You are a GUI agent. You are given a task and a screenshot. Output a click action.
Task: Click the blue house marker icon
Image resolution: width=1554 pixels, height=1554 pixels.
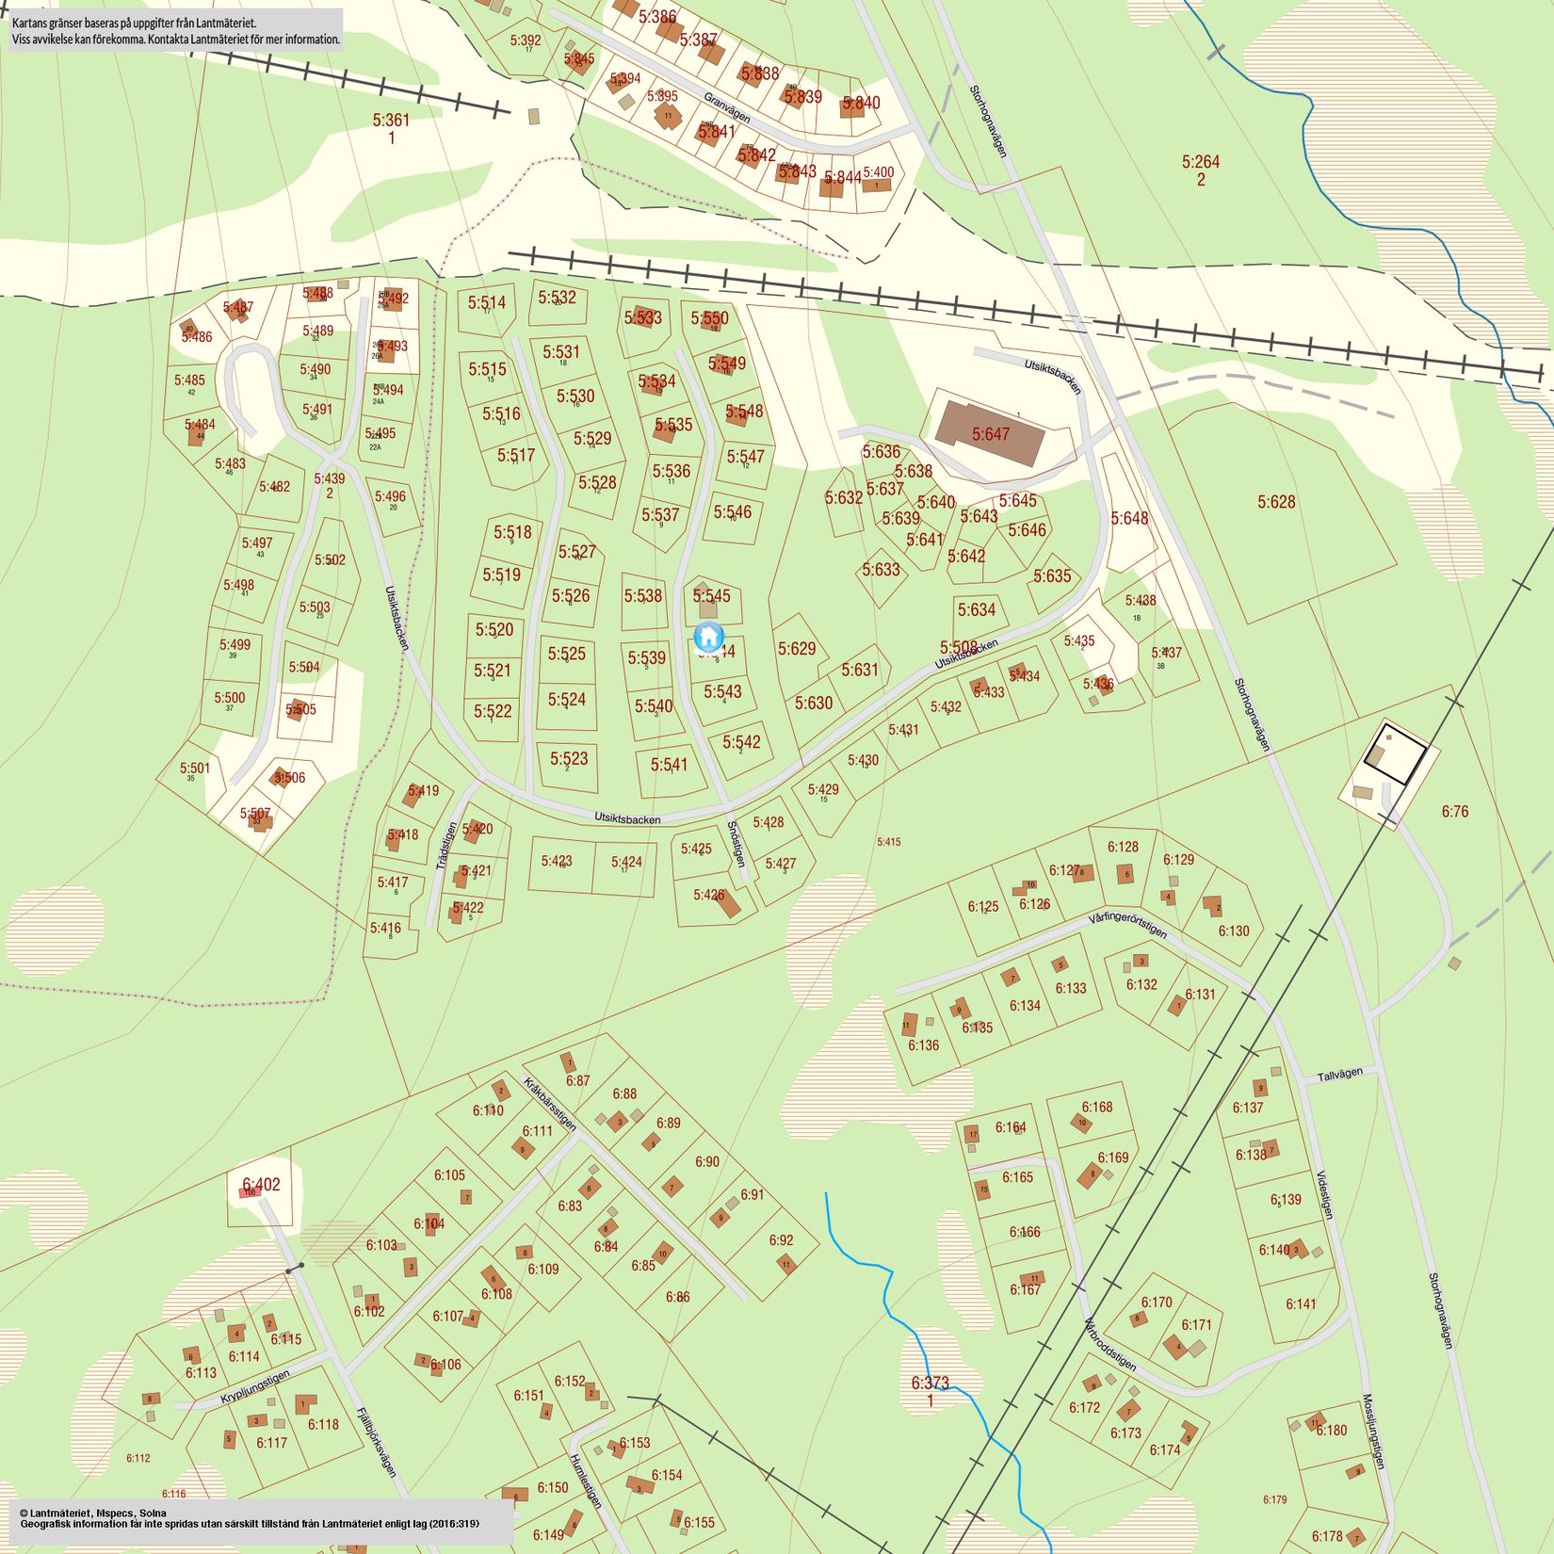point(708,638)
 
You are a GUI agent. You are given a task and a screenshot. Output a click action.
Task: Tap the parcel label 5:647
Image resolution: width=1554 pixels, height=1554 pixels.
point(991,434)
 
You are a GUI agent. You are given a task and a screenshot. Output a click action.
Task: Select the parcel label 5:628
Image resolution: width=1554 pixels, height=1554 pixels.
point(1276,502)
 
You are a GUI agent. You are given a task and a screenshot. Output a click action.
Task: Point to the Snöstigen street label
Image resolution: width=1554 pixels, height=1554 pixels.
point(736,844)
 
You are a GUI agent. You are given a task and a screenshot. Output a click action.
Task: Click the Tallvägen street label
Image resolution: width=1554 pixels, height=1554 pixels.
point(1339,1074)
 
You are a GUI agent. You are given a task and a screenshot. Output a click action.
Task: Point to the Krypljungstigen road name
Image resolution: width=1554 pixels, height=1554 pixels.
point(255,1388)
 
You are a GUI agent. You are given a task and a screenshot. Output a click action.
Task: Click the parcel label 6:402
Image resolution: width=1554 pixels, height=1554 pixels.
point(261,1185)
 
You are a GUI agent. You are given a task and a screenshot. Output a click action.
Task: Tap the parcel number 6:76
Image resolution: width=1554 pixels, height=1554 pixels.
point(1454,811)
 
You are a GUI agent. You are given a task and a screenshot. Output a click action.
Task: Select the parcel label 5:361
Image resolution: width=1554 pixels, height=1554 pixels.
point(391,121)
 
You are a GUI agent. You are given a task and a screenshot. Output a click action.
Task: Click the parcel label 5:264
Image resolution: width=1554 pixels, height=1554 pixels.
point(1201,162)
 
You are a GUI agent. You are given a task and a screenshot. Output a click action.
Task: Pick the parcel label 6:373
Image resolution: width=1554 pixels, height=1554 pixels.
point(930,1383)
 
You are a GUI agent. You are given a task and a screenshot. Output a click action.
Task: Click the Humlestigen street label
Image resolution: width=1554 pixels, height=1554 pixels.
point(585,1480)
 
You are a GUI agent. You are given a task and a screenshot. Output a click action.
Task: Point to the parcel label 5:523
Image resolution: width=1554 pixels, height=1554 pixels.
point(569,758)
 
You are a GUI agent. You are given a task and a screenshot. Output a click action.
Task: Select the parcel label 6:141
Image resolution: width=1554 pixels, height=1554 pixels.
point(1301,1303)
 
